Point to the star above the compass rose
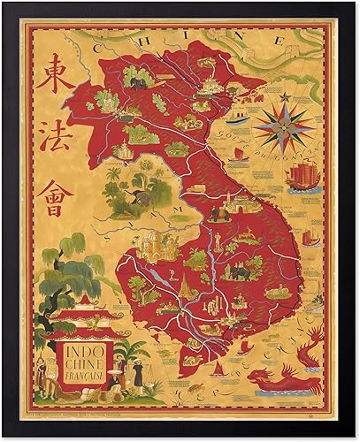[286, 95]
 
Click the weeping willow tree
[66, 274]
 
